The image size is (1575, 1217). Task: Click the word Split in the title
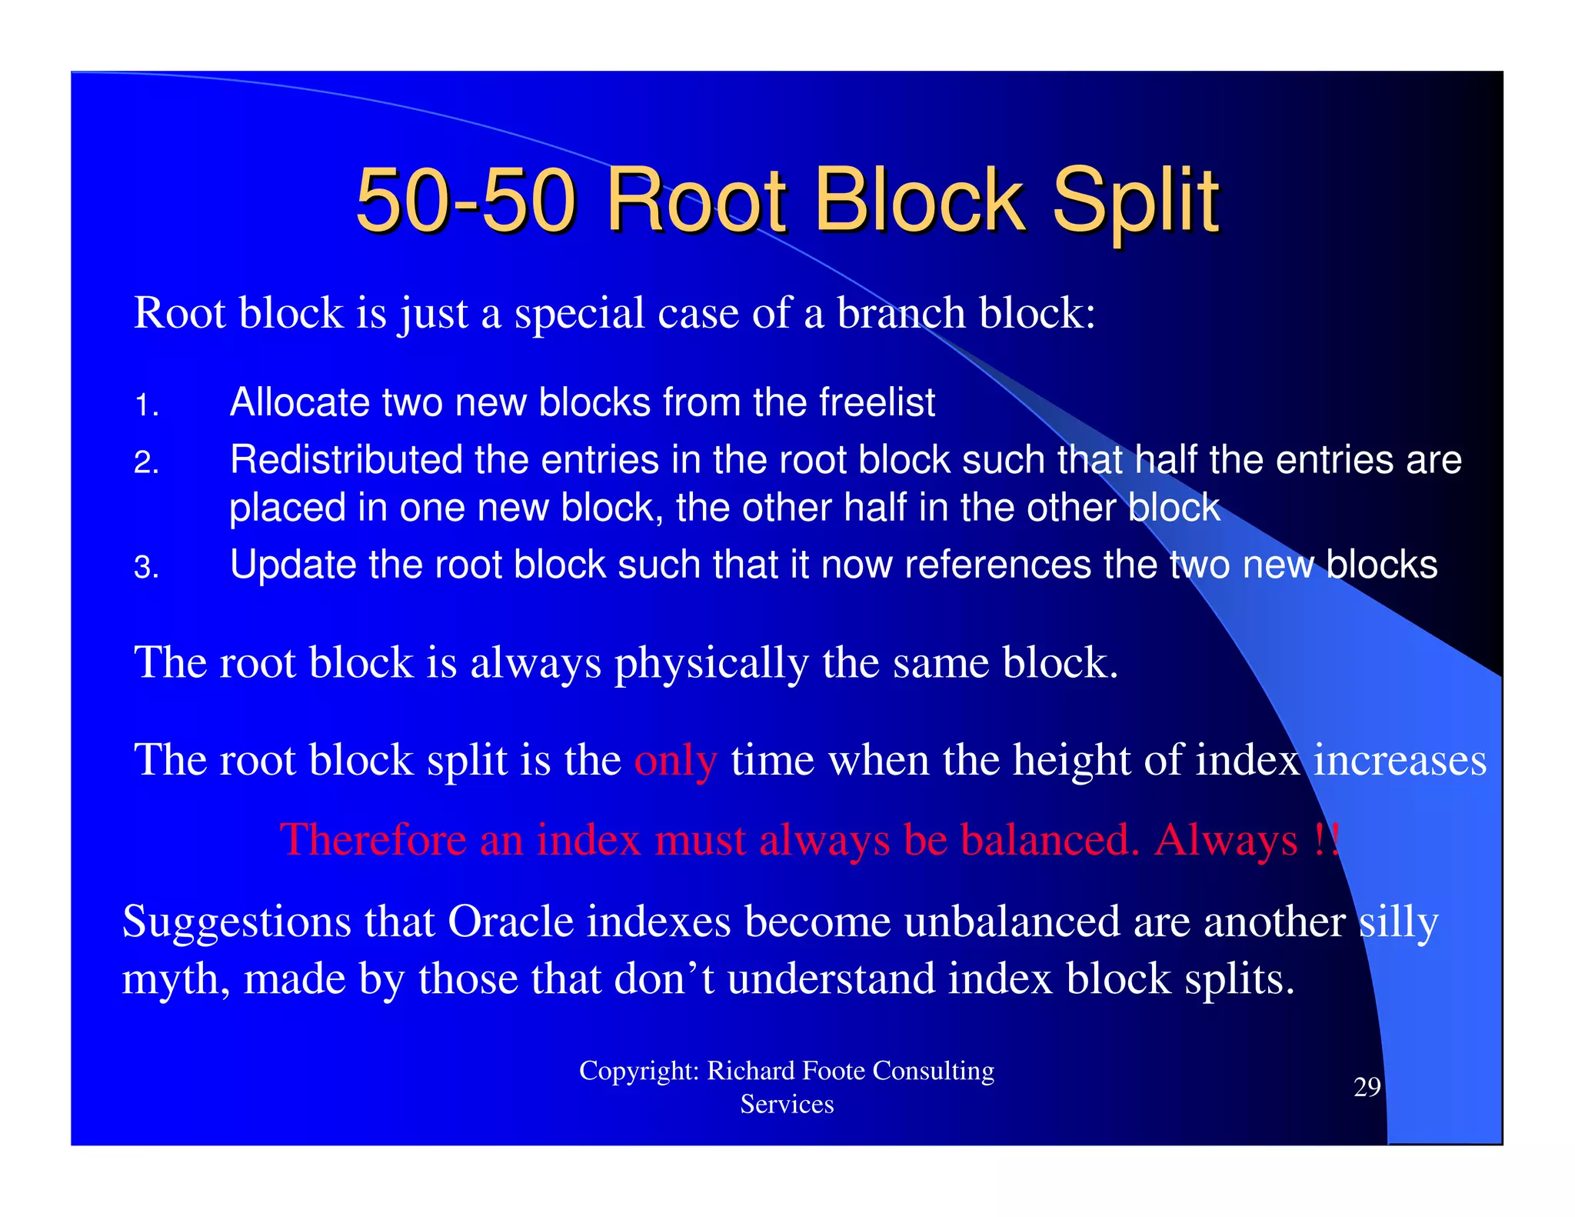click(1135, 202)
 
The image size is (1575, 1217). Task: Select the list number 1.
click(146, 405)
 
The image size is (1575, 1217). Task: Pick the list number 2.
click(146, 463)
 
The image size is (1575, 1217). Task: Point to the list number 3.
click(146, 568)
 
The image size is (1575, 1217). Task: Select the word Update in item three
click(292, 565)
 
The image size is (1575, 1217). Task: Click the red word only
click(675, 761)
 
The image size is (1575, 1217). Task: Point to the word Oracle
click(511, 922)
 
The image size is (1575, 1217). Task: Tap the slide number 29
click(1367, 1087)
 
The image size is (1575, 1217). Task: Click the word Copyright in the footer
click(638, 1071)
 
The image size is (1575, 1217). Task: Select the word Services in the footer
click(787, 1105)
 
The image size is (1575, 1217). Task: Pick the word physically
click(711, 663)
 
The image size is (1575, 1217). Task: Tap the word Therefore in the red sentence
click(373, 839)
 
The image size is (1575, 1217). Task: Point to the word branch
click(901, 313)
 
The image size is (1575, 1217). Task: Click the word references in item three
click(997, 565)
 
